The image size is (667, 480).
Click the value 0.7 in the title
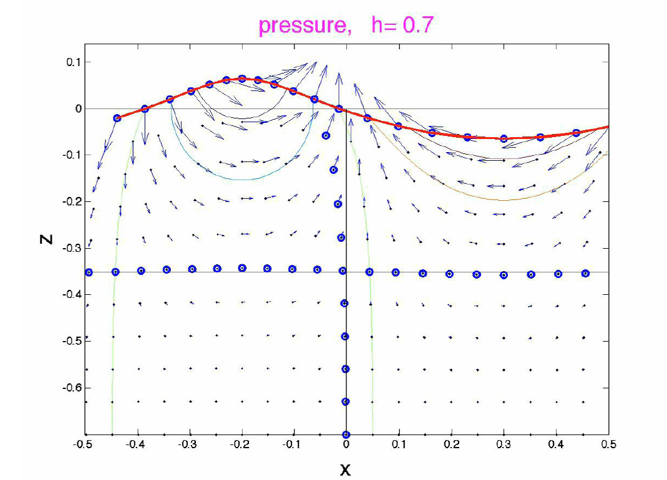point(417,26)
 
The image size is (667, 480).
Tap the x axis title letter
point(345,469)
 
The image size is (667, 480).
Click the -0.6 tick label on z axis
point(63,388)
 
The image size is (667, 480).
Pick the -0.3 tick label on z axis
point(63,248)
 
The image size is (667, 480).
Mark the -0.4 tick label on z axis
point(63,295)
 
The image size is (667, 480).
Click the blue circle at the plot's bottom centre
point(346,434)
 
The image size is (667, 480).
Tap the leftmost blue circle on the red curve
point(117,118)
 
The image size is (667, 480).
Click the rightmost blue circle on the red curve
point(576,133)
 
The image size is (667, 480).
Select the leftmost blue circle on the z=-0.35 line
point(89,272)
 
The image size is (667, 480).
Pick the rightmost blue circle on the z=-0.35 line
point(585,273)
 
